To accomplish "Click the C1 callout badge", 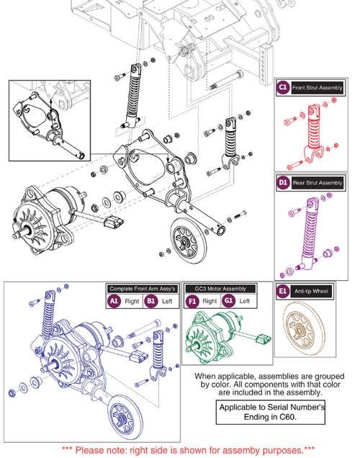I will tap(284, 88).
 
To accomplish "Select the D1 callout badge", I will tap(284, 183).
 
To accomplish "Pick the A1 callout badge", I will tap(114, 300).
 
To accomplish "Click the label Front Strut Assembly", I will tap(318, 88).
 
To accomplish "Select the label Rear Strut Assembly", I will tap(318, 183).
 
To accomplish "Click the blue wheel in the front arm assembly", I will tap(122, 419).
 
